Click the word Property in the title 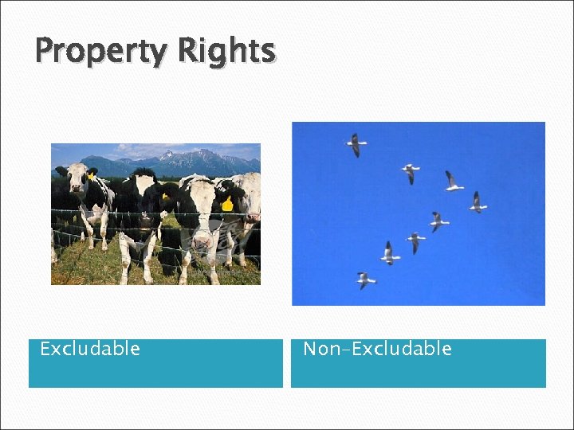coord(101,52)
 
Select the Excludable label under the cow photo coord(90,349)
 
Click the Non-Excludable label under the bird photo coord(377,349)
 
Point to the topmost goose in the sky coord(356,144)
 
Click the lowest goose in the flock coord(364,279)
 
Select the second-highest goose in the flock coord(411,172)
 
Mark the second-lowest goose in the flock coord(389,253)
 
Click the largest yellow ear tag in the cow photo coord(227,203)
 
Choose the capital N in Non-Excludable coord(310,349)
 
